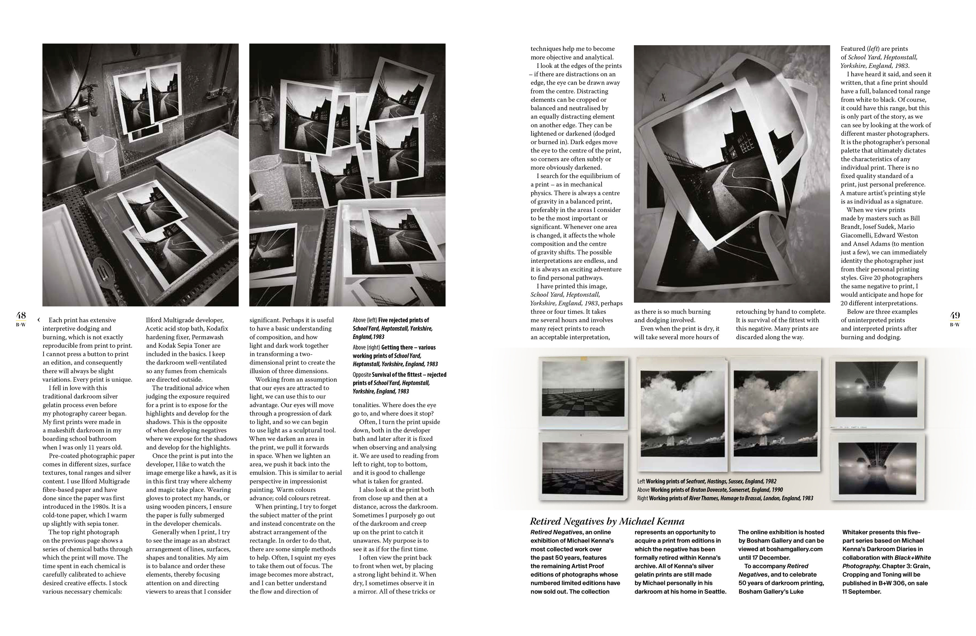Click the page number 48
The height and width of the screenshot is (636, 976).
coord(21,315)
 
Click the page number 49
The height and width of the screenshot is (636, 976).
coord(955,315)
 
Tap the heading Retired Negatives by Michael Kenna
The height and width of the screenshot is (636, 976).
coord(607,521)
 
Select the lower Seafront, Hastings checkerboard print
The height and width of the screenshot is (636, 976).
coord(584,466)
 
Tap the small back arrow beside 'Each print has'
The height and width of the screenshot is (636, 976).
coord(38,320)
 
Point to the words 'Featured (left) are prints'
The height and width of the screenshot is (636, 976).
coord(873,49)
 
